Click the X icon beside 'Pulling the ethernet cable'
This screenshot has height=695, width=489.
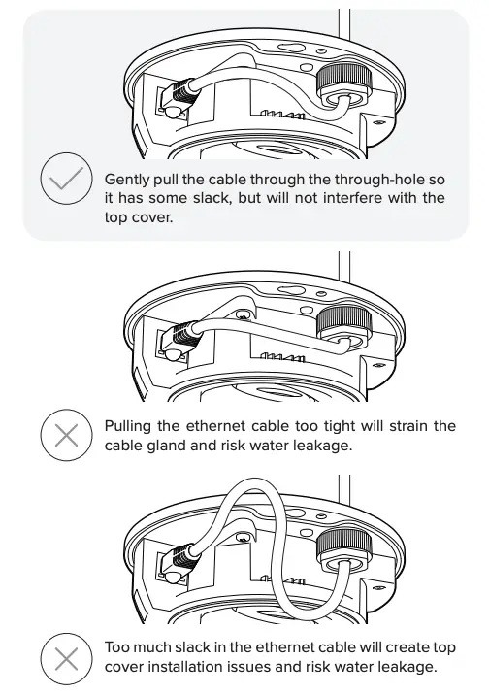point(66,434)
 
